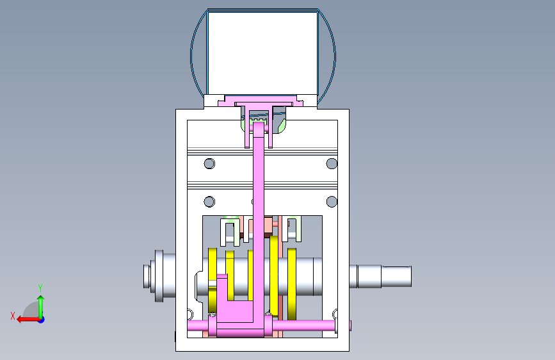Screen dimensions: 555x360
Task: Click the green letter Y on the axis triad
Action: (x=40, y=288)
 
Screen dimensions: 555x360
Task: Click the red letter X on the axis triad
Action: (x=13, y=316)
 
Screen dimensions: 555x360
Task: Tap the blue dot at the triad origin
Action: (x=41, y=320)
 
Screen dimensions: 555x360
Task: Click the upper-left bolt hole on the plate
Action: (x=209, y=164)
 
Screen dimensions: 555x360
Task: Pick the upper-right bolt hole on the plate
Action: (x=332, y=164)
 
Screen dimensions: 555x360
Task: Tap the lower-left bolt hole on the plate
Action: (x=209, y=202)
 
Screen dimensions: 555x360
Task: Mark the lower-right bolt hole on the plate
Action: (x=332, y=202)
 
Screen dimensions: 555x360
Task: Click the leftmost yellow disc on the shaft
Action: (x=213, y=280)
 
